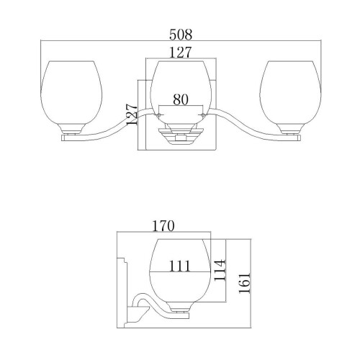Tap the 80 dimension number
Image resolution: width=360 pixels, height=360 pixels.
click(x=181, y=101)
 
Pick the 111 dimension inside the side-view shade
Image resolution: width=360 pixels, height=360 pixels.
click(x=180, y=266)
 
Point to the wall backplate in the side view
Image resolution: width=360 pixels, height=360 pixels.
click(x=122, y=281)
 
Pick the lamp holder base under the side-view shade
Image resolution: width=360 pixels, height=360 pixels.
click(x=180, y=310)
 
